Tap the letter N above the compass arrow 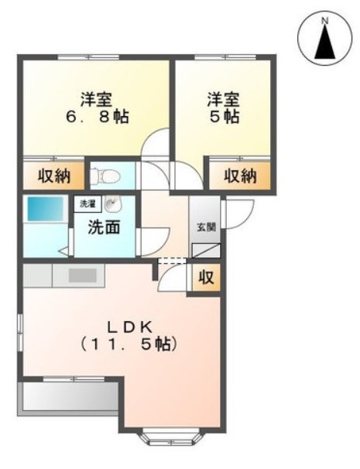(325, 20)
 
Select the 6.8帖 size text (97, 118)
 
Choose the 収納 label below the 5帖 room (240, 176)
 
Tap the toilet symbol (101, 177)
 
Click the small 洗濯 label (87, 205)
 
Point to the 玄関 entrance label (205, 228)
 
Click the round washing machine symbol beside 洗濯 (114, 205)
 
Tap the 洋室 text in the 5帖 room (223, 100)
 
